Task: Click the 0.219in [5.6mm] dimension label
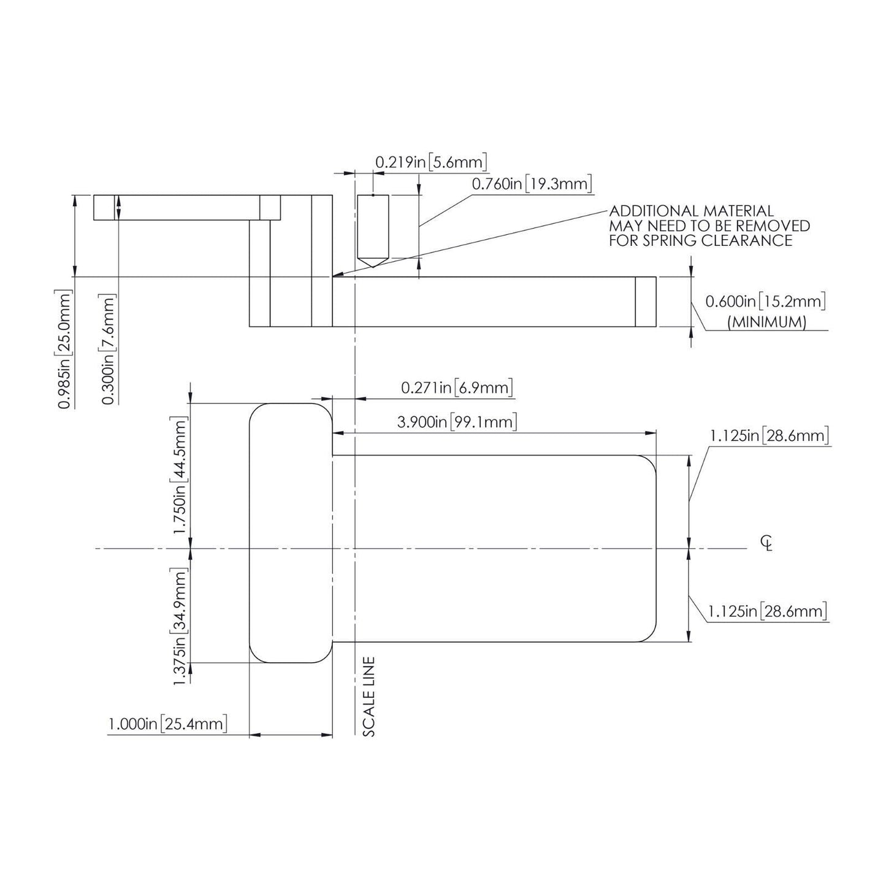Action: (431, 162)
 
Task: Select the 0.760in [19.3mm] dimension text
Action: (532, 184)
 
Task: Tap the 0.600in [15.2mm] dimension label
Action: (766, 302)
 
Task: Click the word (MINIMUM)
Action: (767, 322)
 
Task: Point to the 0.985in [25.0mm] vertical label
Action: (64, 349)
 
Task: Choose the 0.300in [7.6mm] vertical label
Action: (108, 349)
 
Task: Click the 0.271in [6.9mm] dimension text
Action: (457, 388)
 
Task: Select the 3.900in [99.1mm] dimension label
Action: (457, 422)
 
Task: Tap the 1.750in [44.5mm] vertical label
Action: (179, 475)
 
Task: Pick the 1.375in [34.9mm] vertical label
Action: (179, 626)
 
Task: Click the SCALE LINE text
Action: (369, 697)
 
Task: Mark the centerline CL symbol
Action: (766, 543)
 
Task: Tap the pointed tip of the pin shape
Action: (373, 267)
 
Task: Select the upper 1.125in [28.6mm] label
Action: (770, 435)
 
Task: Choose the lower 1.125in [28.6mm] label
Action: (768, 611)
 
